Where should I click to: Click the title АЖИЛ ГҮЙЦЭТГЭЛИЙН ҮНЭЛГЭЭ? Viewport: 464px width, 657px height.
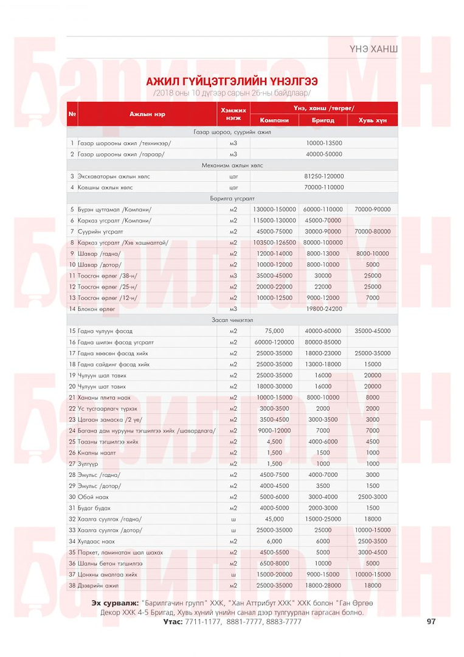pos(232,82)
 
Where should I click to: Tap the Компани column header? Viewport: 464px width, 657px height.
pos(274,120)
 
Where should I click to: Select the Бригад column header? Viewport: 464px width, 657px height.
pos(323,120)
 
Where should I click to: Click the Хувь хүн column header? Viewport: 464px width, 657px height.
pos(372,120)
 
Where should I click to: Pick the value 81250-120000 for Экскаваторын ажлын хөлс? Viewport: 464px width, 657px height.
pos(324,176)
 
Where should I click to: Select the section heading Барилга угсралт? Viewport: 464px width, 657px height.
pos(232,198)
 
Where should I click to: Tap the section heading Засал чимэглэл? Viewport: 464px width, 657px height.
pos(232,320)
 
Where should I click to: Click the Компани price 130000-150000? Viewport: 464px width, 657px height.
pos(274,209)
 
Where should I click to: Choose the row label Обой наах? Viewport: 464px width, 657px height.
pos(93,497)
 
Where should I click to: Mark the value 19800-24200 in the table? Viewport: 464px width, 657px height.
pos(324,309)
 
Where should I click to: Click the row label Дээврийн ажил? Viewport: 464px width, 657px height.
pos(98,585)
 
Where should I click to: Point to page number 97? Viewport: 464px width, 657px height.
pos(431,622)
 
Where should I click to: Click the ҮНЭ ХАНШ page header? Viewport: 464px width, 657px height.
pos(374,47)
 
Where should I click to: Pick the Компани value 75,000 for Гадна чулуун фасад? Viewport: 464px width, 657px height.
pos(274,331)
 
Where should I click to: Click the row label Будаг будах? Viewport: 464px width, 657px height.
pos(94,508)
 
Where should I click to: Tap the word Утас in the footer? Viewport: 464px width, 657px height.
pos(173,622)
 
